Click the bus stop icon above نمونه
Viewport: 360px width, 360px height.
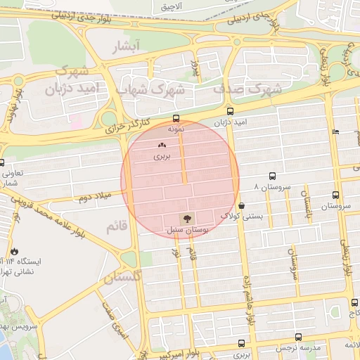176,119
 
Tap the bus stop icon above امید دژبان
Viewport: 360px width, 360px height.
230,111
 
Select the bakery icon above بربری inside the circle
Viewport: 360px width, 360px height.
162,145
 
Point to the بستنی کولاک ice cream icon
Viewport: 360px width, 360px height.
242,206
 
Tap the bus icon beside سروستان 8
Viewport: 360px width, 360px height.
272,177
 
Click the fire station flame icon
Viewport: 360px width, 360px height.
14,251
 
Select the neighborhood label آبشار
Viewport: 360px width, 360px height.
127,46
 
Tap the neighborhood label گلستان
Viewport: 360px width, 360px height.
123,278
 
